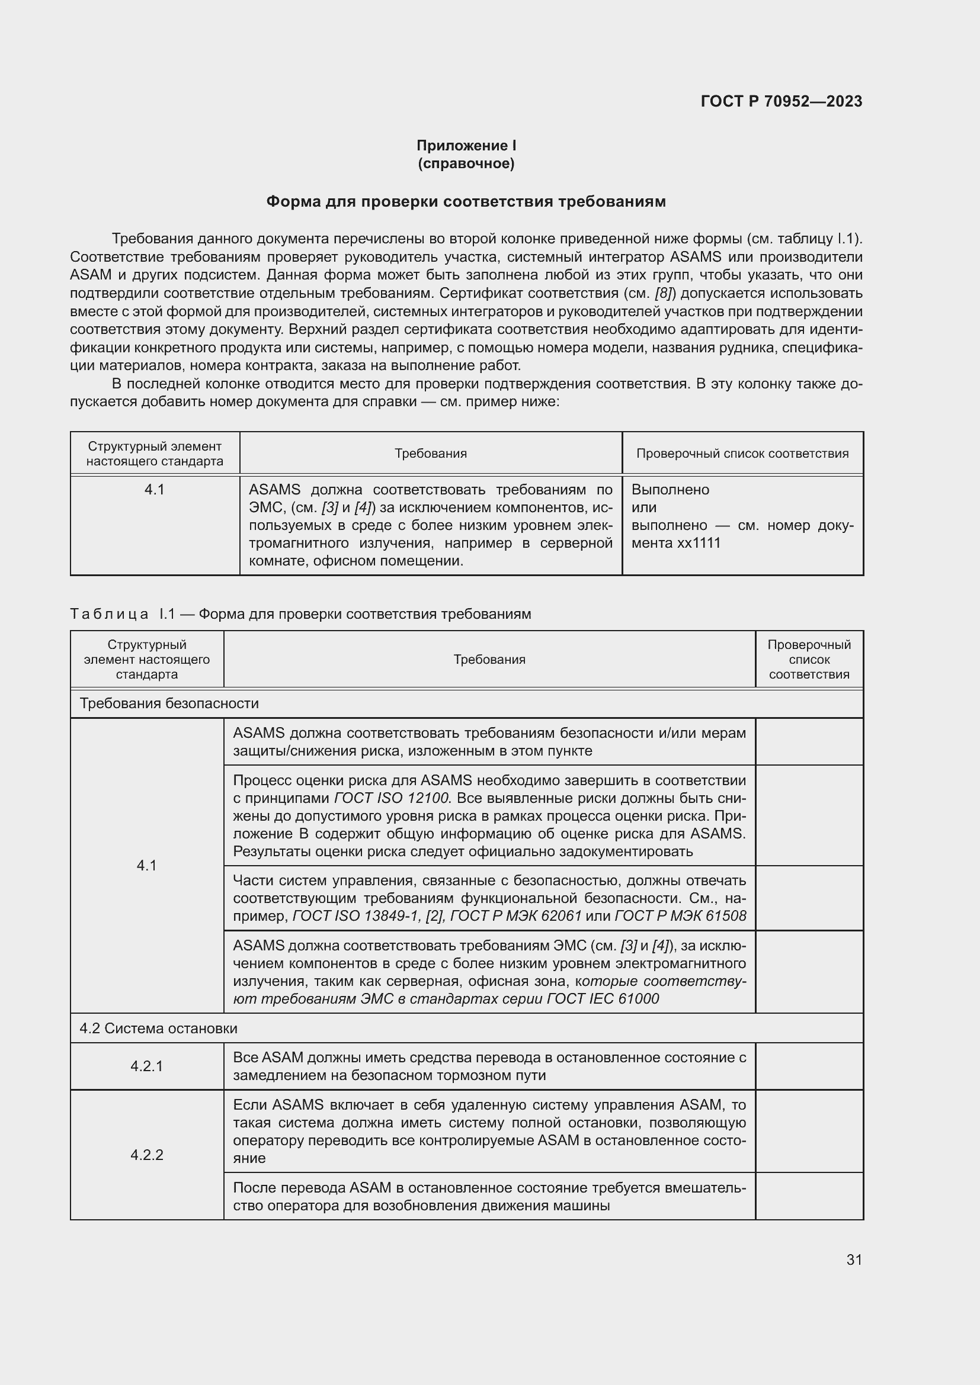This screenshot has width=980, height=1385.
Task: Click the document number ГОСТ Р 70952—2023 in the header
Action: (x=781, y=101)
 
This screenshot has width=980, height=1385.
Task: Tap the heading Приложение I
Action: (x=466, y=146)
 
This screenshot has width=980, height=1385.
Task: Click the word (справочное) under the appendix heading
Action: (x=466, y=163)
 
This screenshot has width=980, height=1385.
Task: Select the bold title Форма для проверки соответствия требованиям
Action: (x=466, y=201)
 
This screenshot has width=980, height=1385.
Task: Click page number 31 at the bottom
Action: (x=854, y=1259)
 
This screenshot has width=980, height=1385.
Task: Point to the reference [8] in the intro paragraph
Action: (x=663, y=294)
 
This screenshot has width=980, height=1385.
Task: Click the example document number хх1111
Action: (x=699, y=543)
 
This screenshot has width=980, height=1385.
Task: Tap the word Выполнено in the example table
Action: (x=671, y=490)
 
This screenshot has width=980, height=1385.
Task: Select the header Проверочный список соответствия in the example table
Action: (x=742, y=454)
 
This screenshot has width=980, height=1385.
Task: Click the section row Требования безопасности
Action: (x=169, y=703)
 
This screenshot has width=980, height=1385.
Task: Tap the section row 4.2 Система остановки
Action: (x=159, y=1029)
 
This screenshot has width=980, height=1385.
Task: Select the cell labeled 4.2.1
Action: (x=146, y=1066)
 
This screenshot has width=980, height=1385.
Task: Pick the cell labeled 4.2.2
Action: (x=146, y=1155)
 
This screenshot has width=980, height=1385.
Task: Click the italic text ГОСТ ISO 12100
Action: (x=392, y=798)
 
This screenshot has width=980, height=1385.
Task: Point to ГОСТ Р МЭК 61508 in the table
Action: (x=680, y=915)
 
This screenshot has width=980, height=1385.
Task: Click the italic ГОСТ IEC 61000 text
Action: (x=603, y=998)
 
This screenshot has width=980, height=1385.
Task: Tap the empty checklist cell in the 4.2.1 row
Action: (x=809, y=1066)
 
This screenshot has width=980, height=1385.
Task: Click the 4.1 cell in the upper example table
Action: (x=155, y=490)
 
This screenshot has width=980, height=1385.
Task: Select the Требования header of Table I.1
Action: (x=489, y=659)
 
